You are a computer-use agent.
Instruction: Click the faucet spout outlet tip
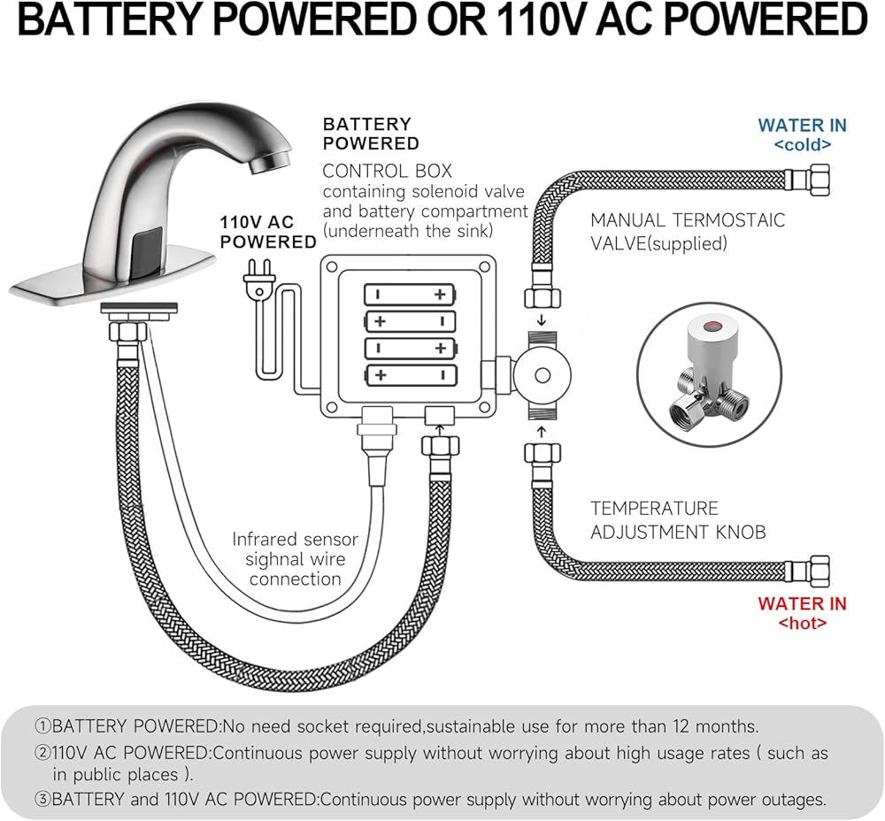(x=263, y=164)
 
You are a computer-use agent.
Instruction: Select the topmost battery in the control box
(x=410, y=294)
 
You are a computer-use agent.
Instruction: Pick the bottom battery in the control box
(x=410, y=375)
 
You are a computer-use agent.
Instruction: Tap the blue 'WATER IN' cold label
(x=802, y=126)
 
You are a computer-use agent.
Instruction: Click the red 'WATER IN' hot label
(x=802, y=604)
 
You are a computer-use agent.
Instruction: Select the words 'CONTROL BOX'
(x=387, y=171)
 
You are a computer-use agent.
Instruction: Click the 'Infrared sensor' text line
(x=295, y=539)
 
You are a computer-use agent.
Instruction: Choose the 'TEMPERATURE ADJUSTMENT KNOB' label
(x=677, y=520)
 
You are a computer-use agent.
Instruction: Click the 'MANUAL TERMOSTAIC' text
(x=688, y=220)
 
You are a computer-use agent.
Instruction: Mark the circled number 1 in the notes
(x=43, y=727)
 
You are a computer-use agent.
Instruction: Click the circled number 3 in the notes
(x=43, y=800)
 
